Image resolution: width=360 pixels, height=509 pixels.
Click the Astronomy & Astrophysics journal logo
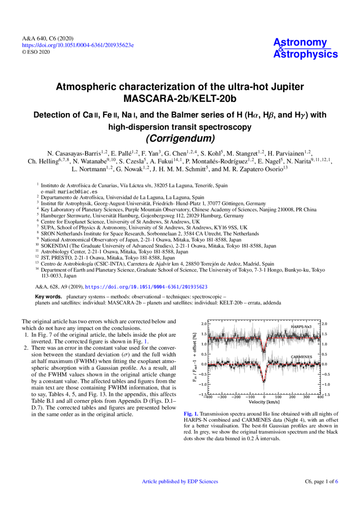pyautogui.click(x=305, y=48)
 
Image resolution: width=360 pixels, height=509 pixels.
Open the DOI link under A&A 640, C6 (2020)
pyautogui.click(x=78, y=45)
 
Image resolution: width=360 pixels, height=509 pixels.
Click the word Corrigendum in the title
pyautogui.click(x=180, y=138)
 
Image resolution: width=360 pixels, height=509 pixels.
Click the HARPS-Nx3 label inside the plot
pyautogui.click(x=301, y=327)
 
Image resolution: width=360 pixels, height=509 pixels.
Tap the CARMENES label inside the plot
pyautogui.click(x=302, y=357)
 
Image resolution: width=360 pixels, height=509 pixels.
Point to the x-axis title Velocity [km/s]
pyautogui.click(x=264, y=402)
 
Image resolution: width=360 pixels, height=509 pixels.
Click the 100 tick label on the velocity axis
pyautogui.click(x=278, y=397)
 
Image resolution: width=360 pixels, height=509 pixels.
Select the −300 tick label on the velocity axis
pyautogui.click(x=222, y=397)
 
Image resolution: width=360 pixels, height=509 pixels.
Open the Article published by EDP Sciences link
pyautogui.click(x=180, y=482)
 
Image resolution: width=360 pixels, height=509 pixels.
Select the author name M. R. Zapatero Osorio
pyautogui.click(x=254, y=169)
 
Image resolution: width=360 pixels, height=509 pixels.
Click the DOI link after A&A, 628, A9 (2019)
pyautogui.click(x=146, y=287)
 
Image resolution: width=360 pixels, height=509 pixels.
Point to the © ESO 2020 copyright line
pyautogui.click(x=36, y=52)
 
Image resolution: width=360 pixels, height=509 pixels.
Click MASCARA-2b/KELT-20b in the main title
pyautogui.click(x=180, y=99)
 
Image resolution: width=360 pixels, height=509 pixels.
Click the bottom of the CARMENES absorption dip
pyautogui.click(x=264, y=381)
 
